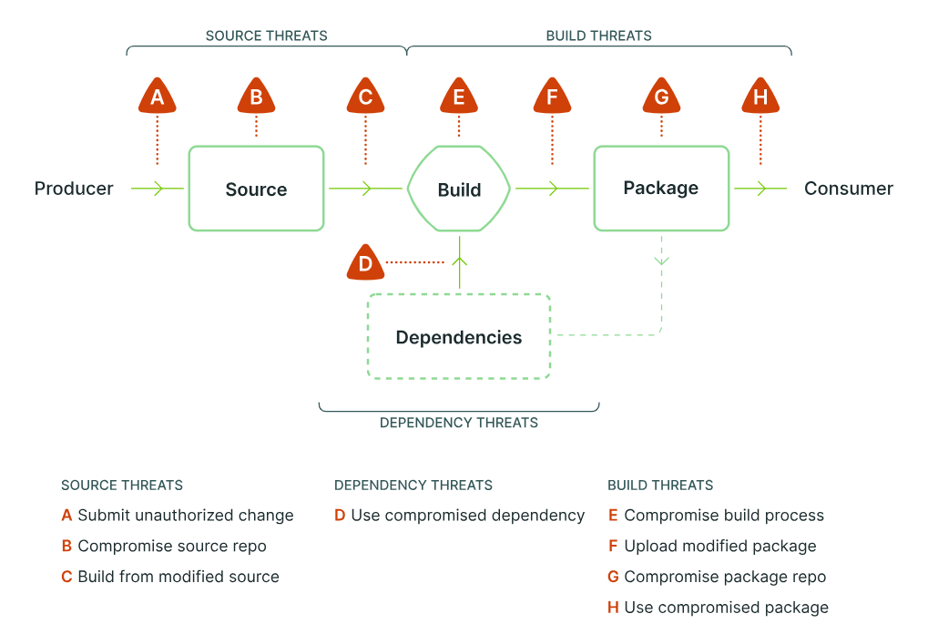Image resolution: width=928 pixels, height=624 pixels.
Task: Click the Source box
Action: [x=256, y=189]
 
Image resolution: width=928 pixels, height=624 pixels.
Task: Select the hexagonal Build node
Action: [x=459, y=189]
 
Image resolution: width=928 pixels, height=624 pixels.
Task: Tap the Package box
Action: [x=661, y=188]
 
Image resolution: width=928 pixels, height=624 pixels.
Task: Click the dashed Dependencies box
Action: [x=459, y=337]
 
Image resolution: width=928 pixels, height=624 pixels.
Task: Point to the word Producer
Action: [x=74, y=189]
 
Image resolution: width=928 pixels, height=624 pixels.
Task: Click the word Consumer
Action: [x=849, y=189]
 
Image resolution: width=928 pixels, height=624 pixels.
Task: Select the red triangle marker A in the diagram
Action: [x=158, y=97]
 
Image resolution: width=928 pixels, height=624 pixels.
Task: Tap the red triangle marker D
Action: [x=365, y=263]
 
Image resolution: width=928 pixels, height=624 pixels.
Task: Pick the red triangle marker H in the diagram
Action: [x=760, y=97]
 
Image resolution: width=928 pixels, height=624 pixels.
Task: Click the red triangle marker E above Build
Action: [x=459, y=97]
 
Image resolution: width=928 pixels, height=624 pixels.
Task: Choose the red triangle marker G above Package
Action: [x=661, y=97]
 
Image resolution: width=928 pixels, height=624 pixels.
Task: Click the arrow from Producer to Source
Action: [x=158, y=189]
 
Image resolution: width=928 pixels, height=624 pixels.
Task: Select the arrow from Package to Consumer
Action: [x=760, y=189]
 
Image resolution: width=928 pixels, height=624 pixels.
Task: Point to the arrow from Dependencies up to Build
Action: [x=459, y=262]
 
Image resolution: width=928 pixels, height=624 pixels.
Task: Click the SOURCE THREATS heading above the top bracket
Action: [x=266, y=36]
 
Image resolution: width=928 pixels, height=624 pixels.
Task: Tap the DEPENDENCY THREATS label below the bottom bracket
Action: [x=459, y=423]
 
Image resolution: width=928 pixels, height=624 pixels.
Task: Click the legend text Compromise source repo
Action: [x=172, y=547]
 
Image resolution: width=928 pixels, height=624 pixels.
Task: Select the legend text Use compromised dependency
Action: [x=467, y=516]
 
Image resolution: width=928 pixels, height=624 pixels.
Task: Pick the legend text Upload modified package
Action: [x=719, y=547]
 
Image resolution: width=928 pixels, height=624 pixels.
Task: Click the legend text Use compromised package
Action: [x=726, y=608]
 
